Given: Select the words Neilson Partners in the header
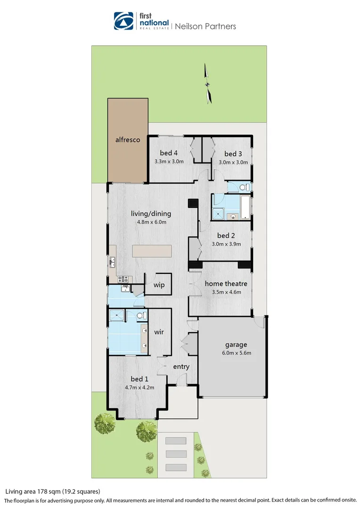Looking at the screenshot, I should (205, 26).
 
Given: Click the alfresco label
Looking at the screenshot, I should (128, 140).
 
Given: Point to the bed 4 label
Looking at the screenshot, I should (169, 153).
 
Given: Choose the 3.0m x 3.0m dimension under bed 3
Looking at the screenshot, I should (233, 162).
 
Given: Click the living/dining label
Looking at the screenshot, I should (151, 213).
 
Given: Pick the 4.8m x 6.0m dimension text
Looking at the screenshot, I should (151, 222).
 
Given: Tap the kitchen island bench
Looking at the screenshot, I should (151, 251).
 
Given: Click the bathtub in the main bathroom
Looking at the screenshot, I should (245, 207).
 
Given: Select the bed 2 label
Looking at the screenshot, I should (226, 236).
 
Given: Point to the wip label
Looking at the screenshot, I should (159, 285).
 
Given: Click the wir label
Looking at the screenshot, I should (159, 332).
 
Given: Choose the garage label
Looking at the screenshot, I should (236, 345).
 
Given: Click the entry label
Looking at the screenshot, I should (181, 367).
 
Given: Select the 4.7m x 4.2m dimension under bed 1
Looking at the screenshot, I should (139, 387).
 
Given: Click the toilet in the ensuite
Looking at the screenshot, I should (141, 315).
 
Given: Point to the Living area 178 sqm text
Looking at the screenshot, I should (53, 491).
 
